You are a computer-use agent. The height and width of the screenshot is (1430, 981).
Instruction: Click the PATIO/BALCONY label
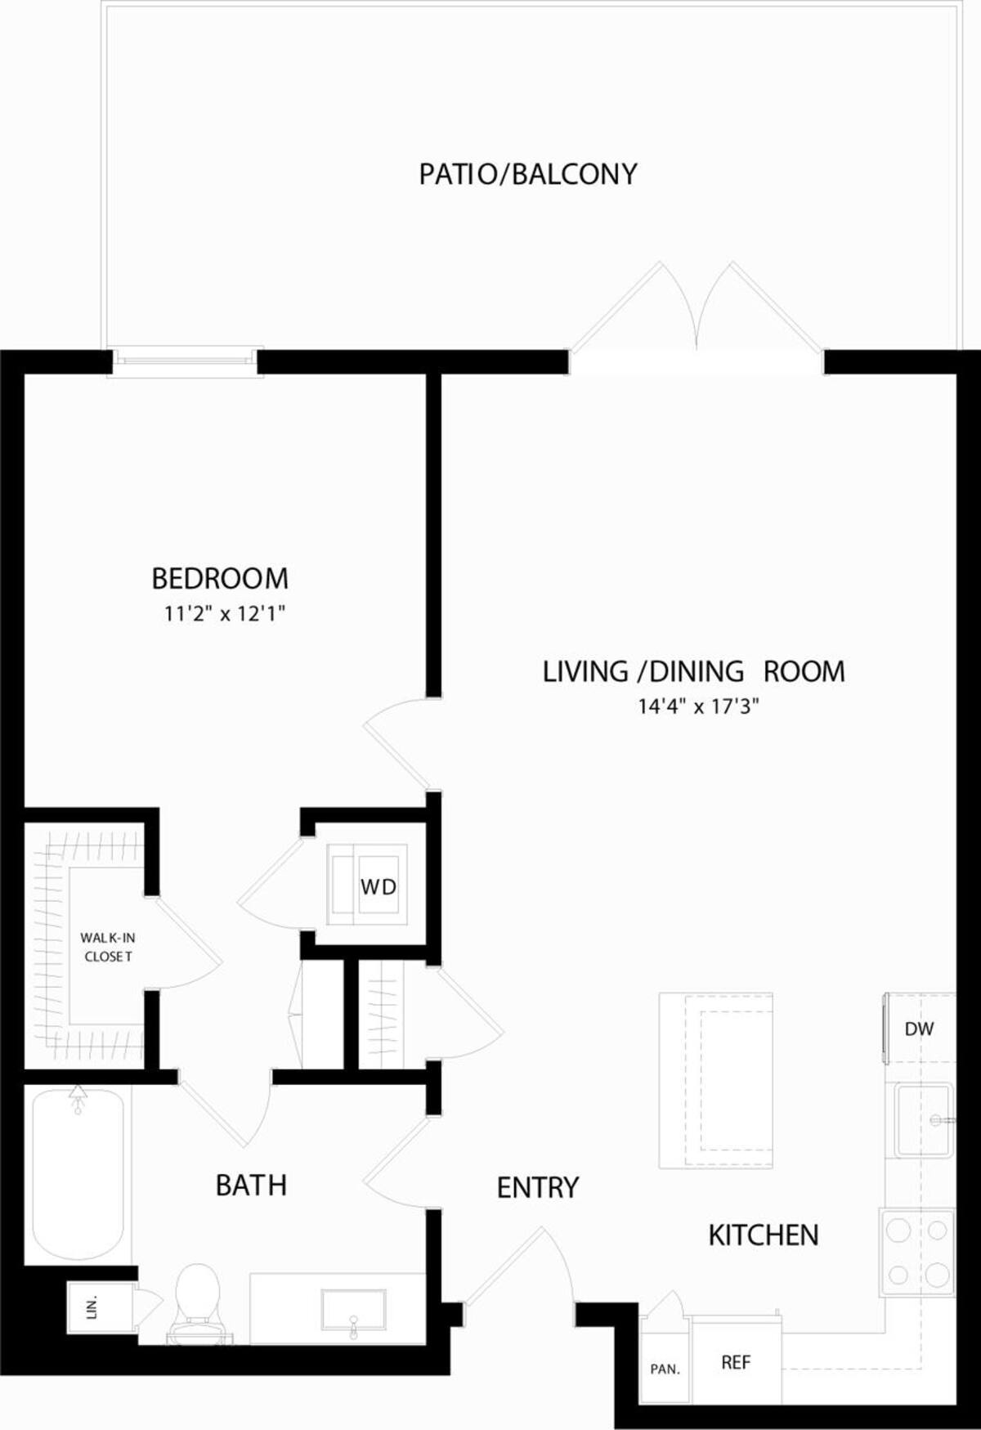(x=527, y=174)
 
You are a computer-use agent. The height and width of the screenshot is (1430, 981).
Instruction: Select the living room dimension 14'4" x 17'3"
(x=699, y=706)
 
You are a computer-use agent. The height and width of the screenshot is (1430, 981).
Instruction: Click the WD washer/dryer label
(x=378, y=886)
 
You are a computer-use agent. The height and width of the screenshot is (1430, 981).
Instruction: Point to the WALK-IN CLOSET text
(x=108, y=947)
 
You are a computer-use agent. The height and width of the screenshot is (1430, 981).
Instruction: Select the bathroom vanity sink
(x=354, y=1311)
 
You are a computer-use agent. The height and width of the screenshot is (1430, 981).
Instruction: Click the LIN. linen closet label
(x=92, y=1307)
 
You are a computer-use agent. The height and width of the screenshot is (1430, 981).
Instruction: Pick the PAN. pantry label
(x=665, y=1369)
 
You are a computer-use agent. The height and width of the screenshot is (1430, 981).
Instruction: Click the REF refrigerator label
(x=736, y=1362)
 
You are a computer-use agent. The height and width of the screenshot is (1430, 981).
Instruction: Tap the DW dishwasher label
(x=919, y=1029)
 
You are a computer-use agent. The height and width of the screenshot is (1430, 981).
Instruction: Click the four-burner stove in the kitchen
(x=917, y=1252)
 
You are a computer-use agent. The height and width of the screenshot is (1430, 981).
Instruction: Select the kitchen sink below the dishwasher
(x=922, y=1120)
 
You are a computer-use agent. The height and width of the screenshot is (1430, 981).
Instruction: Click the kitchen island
(x=716, y=1080)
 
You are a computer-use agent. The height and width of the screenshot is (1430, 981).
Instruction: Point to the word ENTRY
(x=537, y=1187)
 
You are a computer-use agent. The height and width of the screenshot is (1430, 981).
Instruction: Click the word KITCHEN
(x=763, y=1235)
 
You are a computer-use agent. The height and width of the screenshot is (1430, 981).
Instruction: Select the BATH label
(x=251, y=1185)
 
